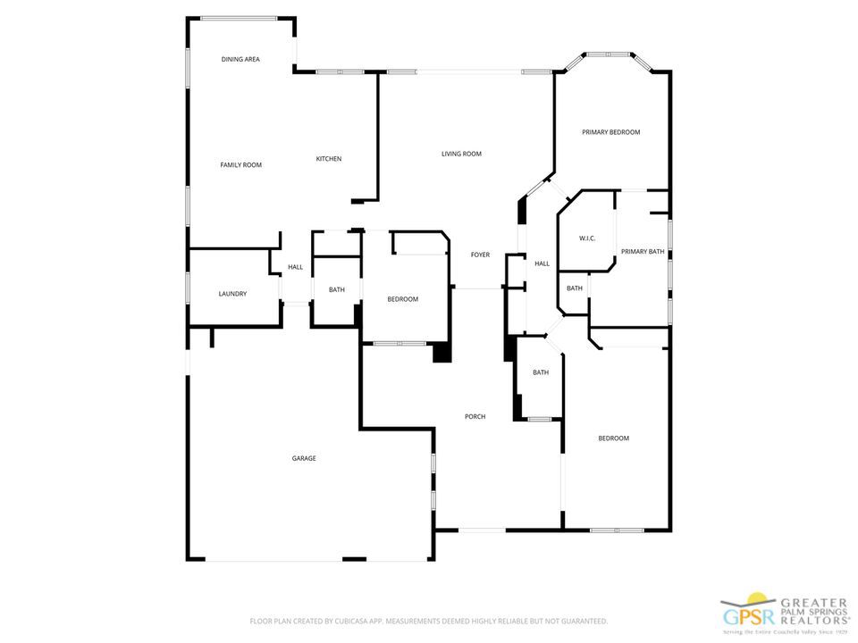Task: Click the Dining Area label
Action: tap(240, 59)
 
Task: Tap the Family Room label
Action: tap(240, 164)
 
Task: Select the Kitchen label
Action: tap(328, 159)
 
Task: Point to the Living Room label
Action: tap(461, 154)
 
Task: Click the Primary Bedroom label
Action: tap(610, 132)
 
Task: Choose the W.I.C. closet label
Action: tap(586, 238)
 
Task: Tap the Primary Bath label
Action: tap(643, 252)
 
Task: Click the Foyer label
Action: tap(480, 255)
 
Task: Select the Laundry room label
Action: tap(232, 294)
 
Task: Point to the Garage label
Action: tap(304, 458)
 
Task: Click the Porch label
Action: tap(475, 416)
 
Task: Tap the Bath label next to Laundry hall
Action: tap(336, 289)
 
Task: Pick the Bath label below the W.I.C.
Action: tap(574, 288)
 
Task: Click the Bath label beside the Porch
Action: tap(541, 372)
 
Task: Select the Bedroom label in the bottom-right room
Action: tap(613, 438)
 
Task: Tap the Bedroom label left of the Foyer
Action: tap(402, 299)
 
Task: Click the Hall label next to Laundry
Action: tap(295, 267)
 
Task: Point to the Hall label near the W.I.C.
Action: tap(542, 264)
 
